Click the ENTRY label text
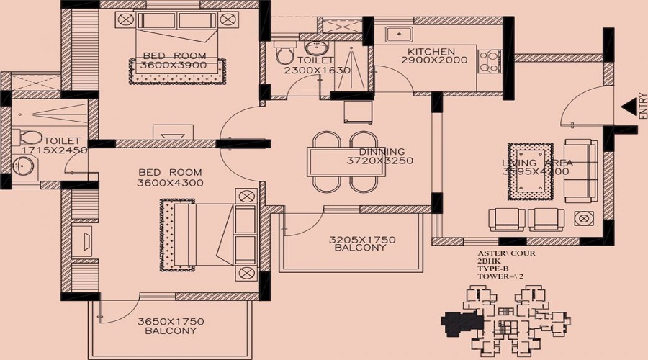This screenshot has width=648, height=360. click(x=643, y=108)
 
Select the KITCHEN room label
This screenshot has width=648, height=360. click(x=431, y=52)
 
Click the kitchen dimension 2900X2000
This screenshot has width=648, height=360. click(x=431, y=62)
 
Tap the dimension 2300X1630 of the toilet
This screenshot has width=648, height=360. click(x=316, y=71)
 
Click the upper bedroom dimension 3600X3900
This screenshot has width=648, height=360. click(x=174, y=66)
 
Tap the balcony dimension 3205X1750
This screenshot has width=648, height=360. click(x=362, y=239)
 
